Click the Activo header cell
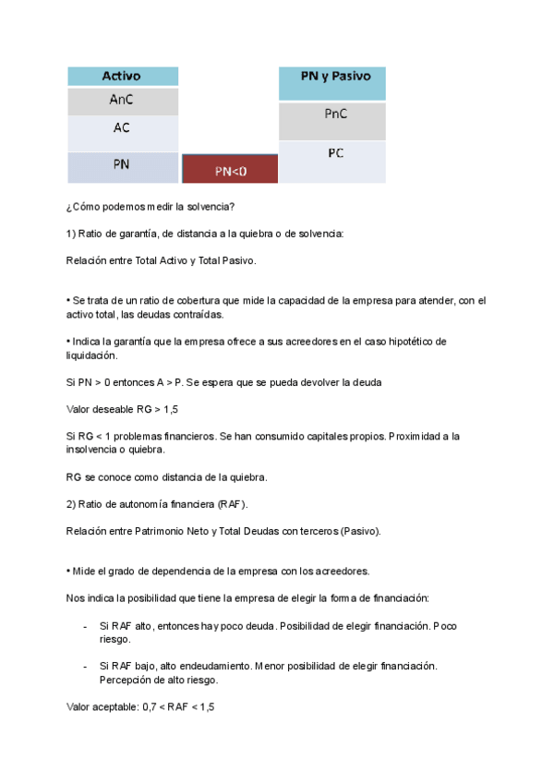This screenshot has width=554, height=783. point(122,77)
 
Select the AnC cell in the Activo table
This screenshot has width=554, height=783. point(122,102)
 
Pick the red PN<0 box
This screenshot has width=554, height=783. point(230,170)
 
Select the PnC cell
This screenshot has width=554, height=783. point(332,115)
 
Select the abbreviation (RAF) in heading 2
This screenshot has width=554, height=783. point(232,504)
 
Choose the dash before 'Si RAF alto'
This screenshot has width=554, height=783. point(86,626)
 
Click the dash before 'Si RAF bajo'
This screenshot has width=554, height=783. point(86,665)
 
